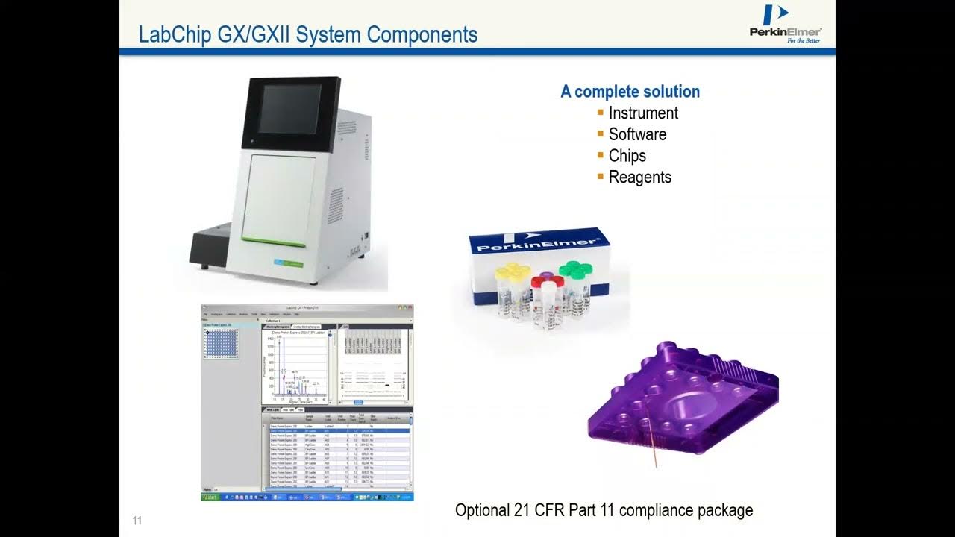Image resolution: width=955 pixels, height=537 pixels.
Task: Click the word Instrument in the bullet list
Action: (643, 113)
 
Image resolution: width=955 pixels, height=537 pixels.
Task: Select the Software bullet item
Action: (637, 134)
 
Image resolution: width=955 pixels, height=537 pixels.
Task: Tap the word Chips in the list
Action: (627, 156)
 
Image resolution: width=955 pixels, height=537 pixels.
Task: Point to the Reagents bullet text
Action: (639, 178)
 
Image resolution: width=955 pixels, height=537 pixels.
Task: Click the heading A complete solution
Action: (630, 92)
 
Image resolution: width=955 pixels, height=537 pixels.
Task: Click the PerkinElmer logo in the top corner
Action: (785, 24)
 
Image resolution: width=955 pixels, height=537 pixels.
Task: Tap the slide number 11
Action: (137, 521)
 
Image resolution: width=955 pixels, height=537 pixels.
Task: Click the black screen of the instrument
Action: (289, 110)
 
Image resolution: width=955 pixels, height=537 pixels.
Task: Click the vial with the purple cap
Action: (546, 280)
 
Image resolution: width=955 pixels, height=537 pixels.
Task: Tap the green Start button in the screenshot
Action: (211, 497)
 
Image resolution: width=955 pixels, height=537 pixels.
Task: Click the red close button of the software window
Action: (410, 307)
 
